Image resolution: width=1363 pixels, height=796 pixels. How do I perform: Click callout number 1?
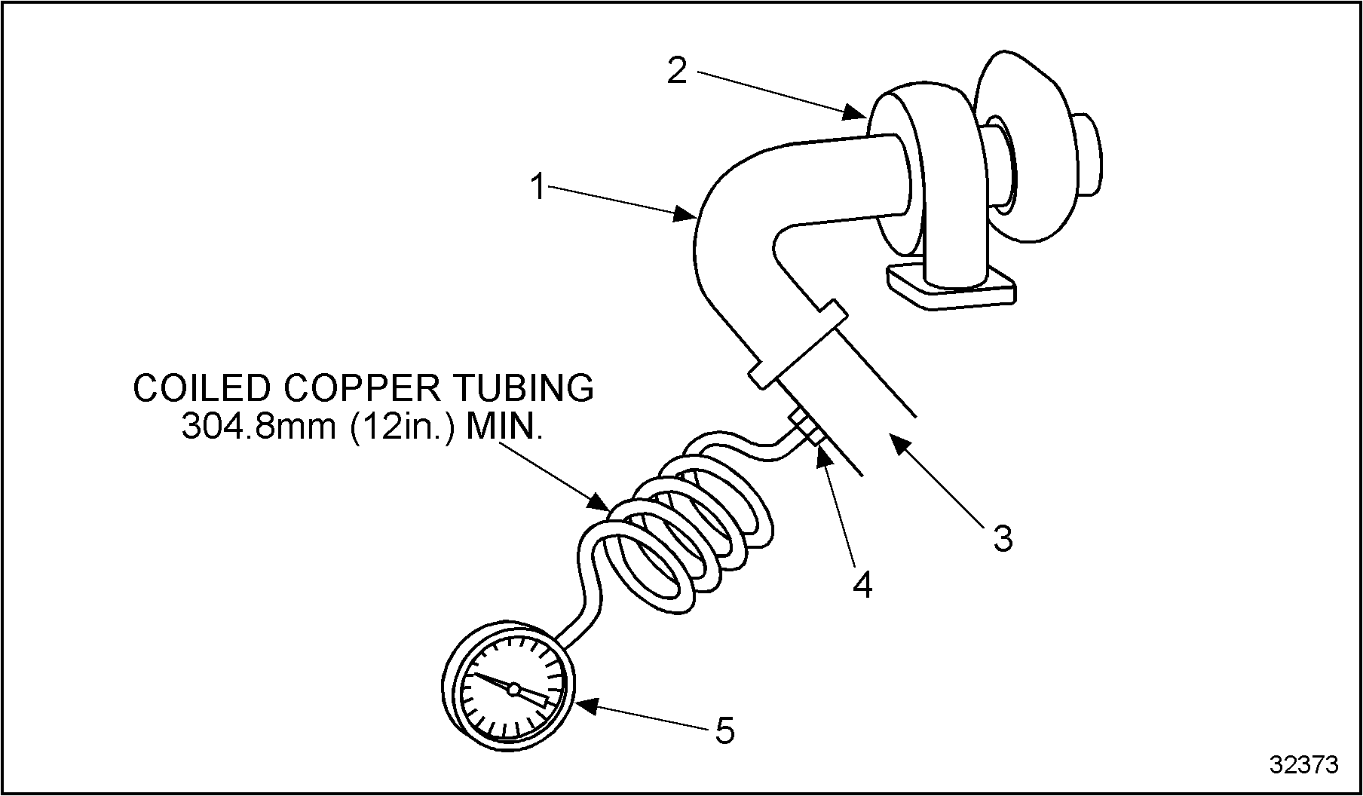click(x=538, y=187)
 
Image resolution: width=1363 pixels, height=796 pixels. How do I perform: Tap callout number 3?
click(x=1002, y=538)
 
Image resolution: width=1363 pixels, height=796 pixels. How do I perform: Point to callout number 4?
click(x=862, y=584)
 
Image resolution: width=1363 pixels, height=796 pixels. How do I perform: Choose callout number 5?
click(x=724, y=730)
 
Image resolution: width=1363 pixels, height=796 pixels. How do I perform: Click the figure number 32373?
click(x=1304, y=765)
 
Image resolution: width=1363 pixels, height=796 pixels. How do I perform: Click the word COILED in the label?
click(x=201, y=388)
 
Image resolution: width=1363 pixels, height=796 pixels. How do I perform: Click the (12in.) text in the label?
click(x=403, y=427)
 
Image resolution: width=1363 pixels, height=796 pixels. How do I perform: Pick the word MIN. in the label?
click(x=504, y=427)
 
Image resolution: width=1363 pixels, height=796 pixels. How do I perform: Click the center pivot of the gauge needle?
click(x=513, y=689)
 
